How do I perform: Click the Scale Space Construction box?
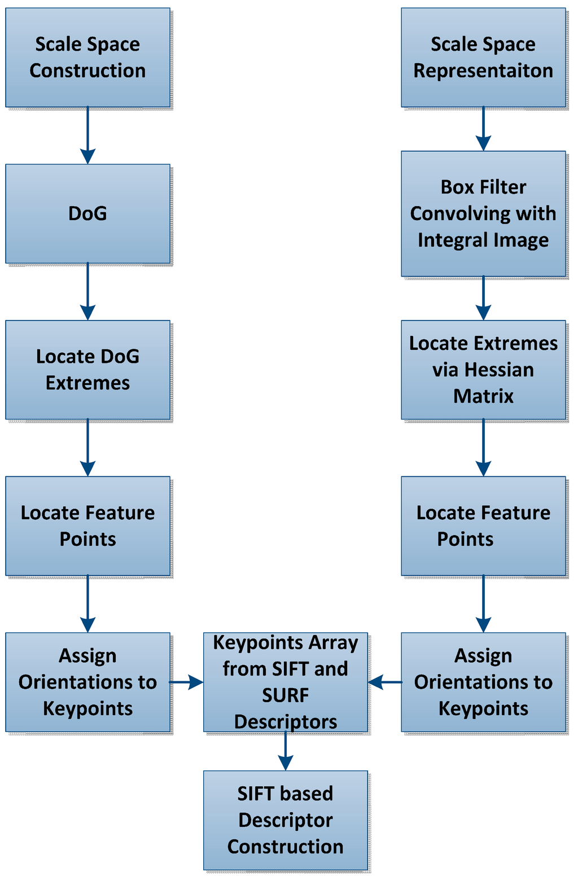(87, 57)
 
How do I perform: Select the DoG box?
(87, 213)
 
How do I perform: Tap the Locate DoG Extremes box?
(87, 370)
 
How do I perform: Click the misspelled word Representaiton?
(483, 71)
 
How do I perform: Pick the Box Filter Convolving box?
(483, 213)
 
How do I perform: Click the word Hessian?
(498, 370)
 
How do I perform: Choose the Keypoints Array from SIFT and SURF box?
(286, 682)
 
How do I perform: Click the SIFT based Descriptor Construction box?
(286, 820)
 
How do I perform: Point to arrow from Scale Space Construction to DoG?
(87, 135)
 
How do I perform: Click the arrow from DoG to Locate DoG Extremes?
(87, 292)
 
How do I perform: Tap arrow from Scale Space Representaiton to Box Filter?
(483, 129)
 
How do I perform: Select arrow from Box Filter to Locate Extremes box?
(483, 299)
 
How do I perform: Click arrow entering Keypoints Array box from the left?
(187, 682)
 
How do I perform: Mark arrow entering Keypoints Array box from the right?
(384, 682)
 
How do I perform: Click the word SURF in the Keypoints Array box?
(286, 695)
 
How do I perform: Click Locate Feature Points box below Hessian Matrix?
(483, 525)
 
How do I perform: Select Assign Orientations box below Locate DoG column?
(87, 682)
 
